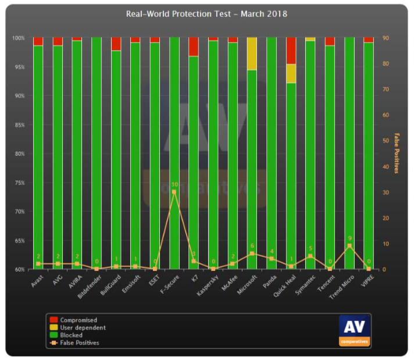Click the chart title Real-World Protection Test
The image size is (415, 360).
coord(207,13)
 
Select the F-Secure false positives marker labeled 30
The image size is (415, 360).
coord(174,192)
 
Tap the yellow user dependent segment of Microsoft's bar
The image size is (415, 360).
coord(252,54)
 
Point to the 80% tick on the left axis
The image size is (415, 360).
coord(19,154)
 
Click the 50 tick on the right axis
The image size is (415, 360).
coord(385,141)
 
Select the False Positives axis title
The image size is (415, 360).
coord(396,153)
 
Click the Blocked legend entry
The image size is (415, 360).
coord(70,335)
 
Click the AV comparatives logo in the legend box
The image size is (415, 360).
coord(353,330)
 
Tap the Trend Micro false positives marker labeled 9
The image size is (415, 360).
coord(349,246)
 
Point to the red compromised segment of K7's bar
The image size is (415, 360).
coord(194,47)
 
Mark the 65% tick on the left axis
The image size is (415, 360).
coord(19,240)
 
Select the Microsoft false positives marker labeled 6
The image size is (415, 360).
coord(252,254)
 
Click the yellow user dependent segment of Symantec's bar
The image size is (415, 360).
coord(310,39)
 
